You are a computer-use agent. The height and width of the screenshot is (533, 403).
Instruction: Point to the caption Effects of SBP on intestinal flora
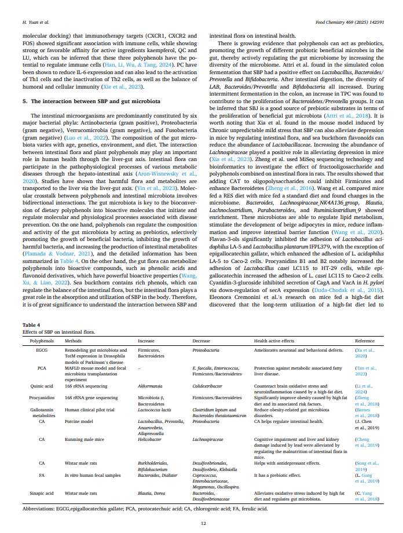pyautogui.click(x=60, y=332)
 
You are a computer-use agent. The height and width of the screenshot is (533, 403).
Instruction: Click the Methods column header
pyautogui.click(x=73, y=341)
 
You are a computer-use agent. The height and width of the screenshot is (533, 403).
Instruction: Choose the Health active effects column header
pyautogui.click(x=274, y=341)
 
